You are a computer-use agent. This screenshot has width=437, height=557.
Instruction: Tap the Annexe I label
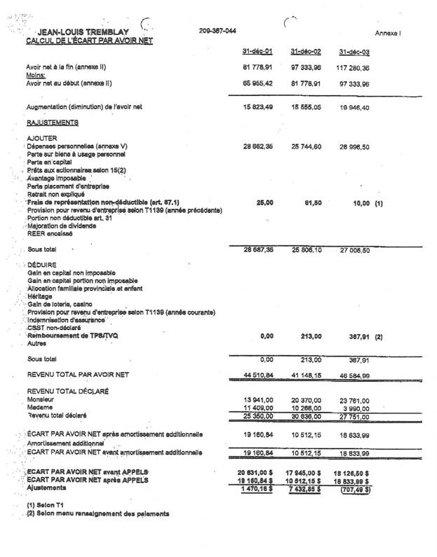387,33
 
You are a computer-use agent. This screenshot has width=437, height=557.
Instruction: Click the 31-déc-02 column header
305,52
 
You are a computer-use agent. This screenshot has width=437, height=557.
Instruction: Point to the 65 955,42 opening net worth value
257,83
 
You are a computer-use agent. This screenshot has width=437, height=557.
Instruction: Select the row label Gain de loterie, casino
60,304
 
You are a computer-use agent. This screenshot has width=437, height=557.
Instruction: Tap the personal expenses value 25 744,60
306,146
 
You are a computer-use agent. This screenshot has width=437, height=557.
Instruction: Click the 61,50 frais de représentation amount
314,202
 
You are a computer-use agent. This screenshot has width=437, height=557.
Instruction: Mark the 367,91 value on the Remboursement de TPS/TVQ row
358,337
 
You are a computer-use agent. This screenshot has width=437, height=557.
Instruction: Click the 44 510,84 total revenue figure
257,378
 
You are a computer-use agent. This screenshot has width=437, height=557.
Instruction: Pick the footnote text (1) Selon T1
46,505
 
